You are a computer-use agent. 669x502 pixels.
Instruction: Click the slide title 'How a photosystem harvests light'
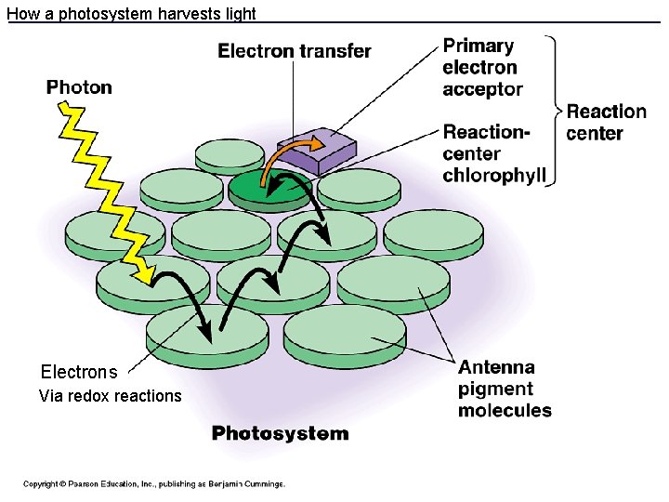[x=131, y=13]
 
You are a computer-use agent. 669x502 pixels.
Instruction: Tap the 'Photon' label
[x=79, y=87]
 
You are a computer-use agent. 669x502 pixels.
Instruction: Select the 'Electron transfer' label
[x=294, y=51]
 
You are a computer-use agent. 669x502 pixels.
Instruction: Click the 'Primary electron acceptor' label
[x=482, y=67]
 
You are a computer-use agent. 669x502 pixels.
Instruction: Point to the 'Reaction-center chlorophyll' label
[x=493, y=154]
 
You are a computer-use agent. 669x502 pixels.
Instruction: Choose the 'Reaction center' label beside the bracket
[x=607, y=123]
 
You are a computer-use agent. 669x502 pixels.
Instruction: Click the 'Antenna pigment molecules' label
[x=504, y=389]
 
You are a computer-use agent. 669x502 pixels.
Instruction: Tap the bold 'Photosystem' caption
[x=280, y=433]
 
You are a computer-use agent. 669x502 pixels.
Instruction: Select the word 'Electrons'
[x=79, y=372]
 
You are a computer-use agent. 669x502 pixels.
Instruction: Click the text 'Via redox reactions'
[x=110, y=396]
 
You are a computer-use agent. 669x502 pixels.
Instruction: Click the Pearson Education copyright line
[x=154, y=483]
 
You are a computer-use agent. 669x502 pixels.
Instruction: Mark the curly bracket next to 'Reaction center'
[x=556, y=112]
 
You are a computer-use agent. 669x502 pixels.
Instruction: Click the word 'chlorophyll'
[x=493, y=176]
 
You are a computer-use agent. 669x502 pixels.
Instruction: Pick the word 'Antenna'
[x=496, y=367]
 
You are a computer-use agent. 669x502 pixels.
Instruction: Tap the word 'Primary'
[x=478, y=46]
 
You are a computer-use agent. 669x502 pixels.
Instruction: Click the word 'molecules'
[x=504, y=410]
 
